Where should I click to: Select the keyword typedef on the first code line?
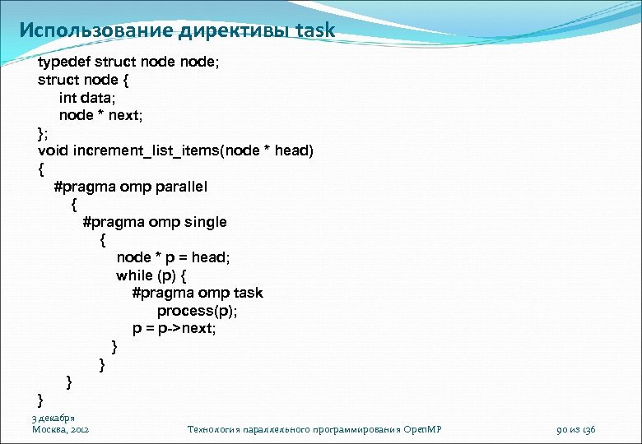click(x=64, y=62)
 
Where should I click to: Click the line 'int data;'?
click(x=86, y=98)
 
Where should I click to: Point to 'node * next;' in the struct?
click(x=100, y=115)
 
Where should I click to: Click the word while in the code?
click(x=134, y=275)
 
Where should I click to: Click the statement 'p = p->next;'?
click(x=180, y=328)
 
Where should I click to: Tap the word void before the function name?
click(x=53, y=151)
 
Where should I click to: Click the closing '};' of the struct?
click(x=43, y=133)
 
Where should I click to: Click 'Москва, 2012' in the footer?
click(x=60, y=429)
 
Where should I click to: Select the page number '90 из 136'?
click(x=576, y=429)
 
